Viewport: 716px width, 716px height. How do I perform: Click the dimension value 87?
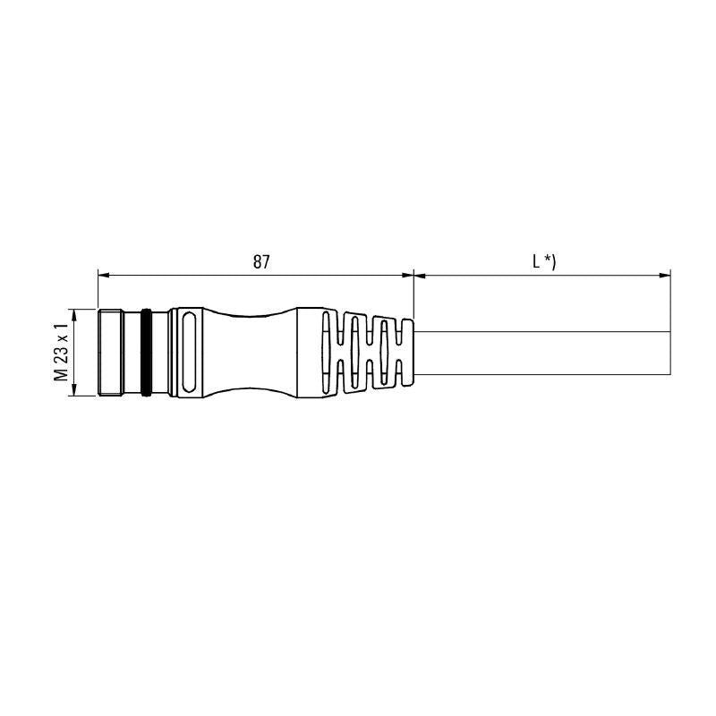tap(260, 262)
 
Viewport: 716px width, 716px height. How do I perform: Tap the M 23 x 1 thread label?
tap(61, 353)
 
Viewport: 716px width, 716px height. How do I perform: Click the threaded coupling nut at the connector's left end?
tap(110, 353)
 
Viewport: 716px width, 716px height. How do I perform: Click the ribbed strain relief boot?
tap(367, 353)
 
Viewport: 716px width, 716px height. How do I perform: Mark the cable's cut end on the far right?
tap(669, 353)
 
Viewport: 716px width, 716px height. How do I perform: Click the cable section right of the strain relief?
tap(537, 353)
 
